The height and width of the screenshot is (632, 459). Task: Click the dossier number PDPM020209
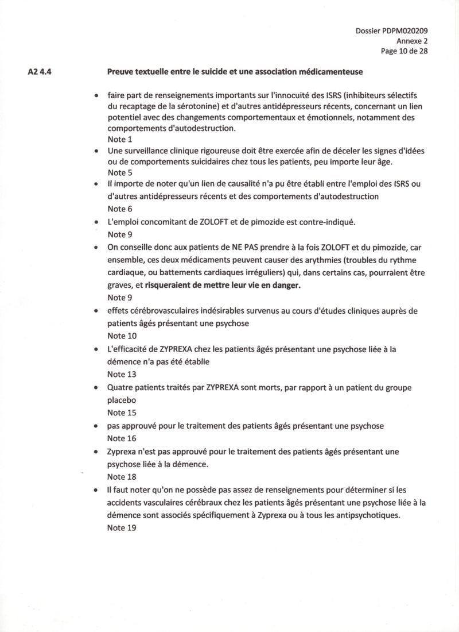pyautogui.click(x=409, y=31)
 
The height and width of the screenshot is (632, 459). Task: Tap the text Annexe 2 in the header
pyautogui.click(x=412, y=41)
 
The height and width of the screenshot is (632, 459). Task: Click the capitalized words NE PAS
pyautogui.click(x=236, y=248)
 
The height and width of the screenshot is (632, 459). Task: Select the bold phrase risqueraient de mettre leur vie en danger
pyautogui.click(x=223, y=284)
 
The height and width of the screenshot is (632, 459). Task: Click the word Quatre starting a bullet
pyautogui.click(x=121, y=387)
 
